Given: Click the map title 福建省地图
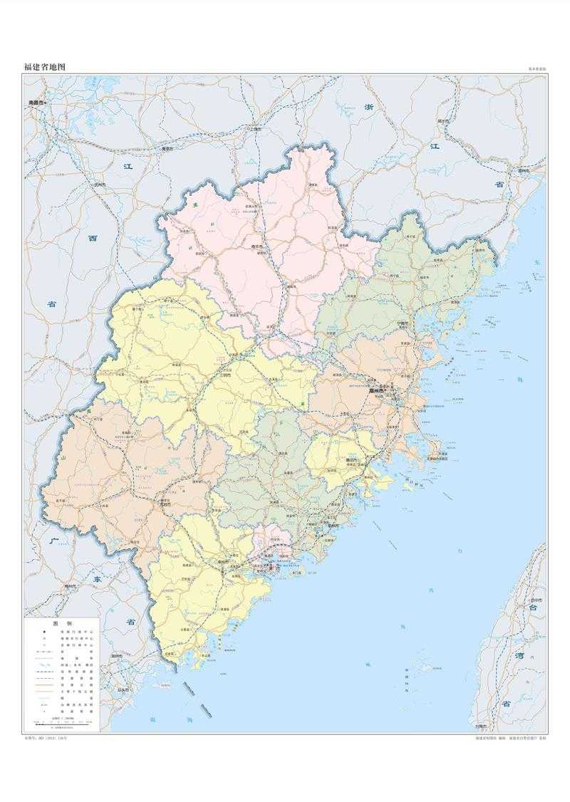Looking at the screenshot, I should [x=45, y=67].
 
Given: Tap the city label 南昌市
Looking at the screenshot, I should [x=37, y=103].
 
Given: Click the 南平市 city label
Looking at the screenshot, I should [x=258, y=248].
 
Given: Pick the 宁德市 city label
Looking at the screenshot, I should [x=403, y=323].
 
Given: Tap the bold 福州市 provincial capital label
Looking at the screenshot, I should [x=376, y=391].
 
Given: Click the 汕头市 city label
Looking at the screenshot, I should [x=123, y=690].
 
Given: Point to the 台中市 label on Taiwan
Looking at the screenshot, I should [x=535, y=600].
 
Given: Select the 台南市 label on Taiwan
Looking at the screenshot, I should [x=482, y=727].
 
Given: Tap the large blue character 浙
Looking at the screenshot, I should [x=368, y=107].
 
